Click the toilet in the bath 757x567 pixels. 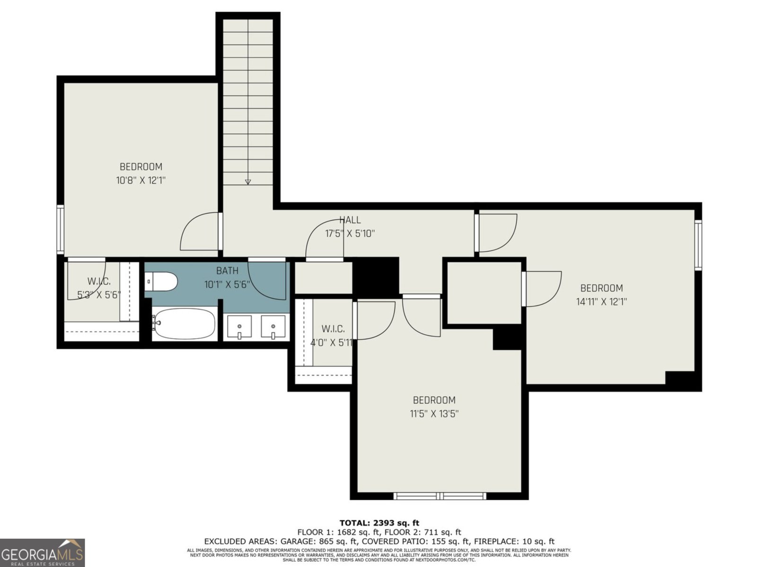tap(161, 282)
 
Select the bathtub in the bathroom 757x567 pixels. tap(184, 324)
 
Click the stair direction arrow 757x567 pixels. tap(247, 181)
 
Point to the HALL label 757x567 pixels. tap(350, 220)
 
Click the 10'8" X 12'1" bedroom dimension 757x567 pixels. tap(141, 180)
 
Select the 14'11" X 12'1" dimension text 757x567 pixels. tap(601, 301)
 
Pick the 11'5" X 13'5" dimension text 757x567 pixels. tap(434, 413)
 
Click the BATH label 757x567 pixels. tap(227, 271)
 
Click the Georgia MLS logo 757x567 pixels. tap(42, 552)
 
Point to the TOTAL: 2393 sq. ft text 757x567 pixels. tap(379, 523)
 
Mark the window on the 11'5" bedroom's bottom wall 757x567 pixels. tap(440, 496)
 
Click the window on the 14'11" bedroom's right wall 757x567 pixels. tap(698, 245)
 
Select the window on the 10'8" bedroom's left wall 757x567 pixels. tap(60, 229)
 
